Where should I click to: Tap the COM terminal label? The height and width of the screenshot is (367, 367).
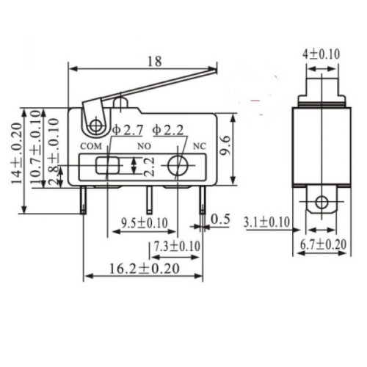point(87,145)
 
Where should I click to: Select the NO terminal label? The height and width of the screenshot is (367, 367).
point(142,145)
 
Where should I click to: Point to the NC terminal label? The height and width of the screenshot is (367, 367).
point(196,145)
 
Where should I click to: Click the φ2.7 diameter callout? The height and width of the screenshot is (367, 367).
point(128,130)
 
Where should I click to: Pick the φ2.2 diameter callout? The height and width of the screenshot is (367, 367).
point(170,130)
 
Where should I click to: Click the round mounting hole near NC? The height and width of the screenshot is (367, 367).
point(176,166)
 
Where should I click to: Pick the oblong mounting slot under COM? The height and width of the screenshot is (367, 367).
point(106,166)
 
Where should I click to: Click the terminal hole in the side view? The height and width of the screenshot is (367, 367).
point(320,203)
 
